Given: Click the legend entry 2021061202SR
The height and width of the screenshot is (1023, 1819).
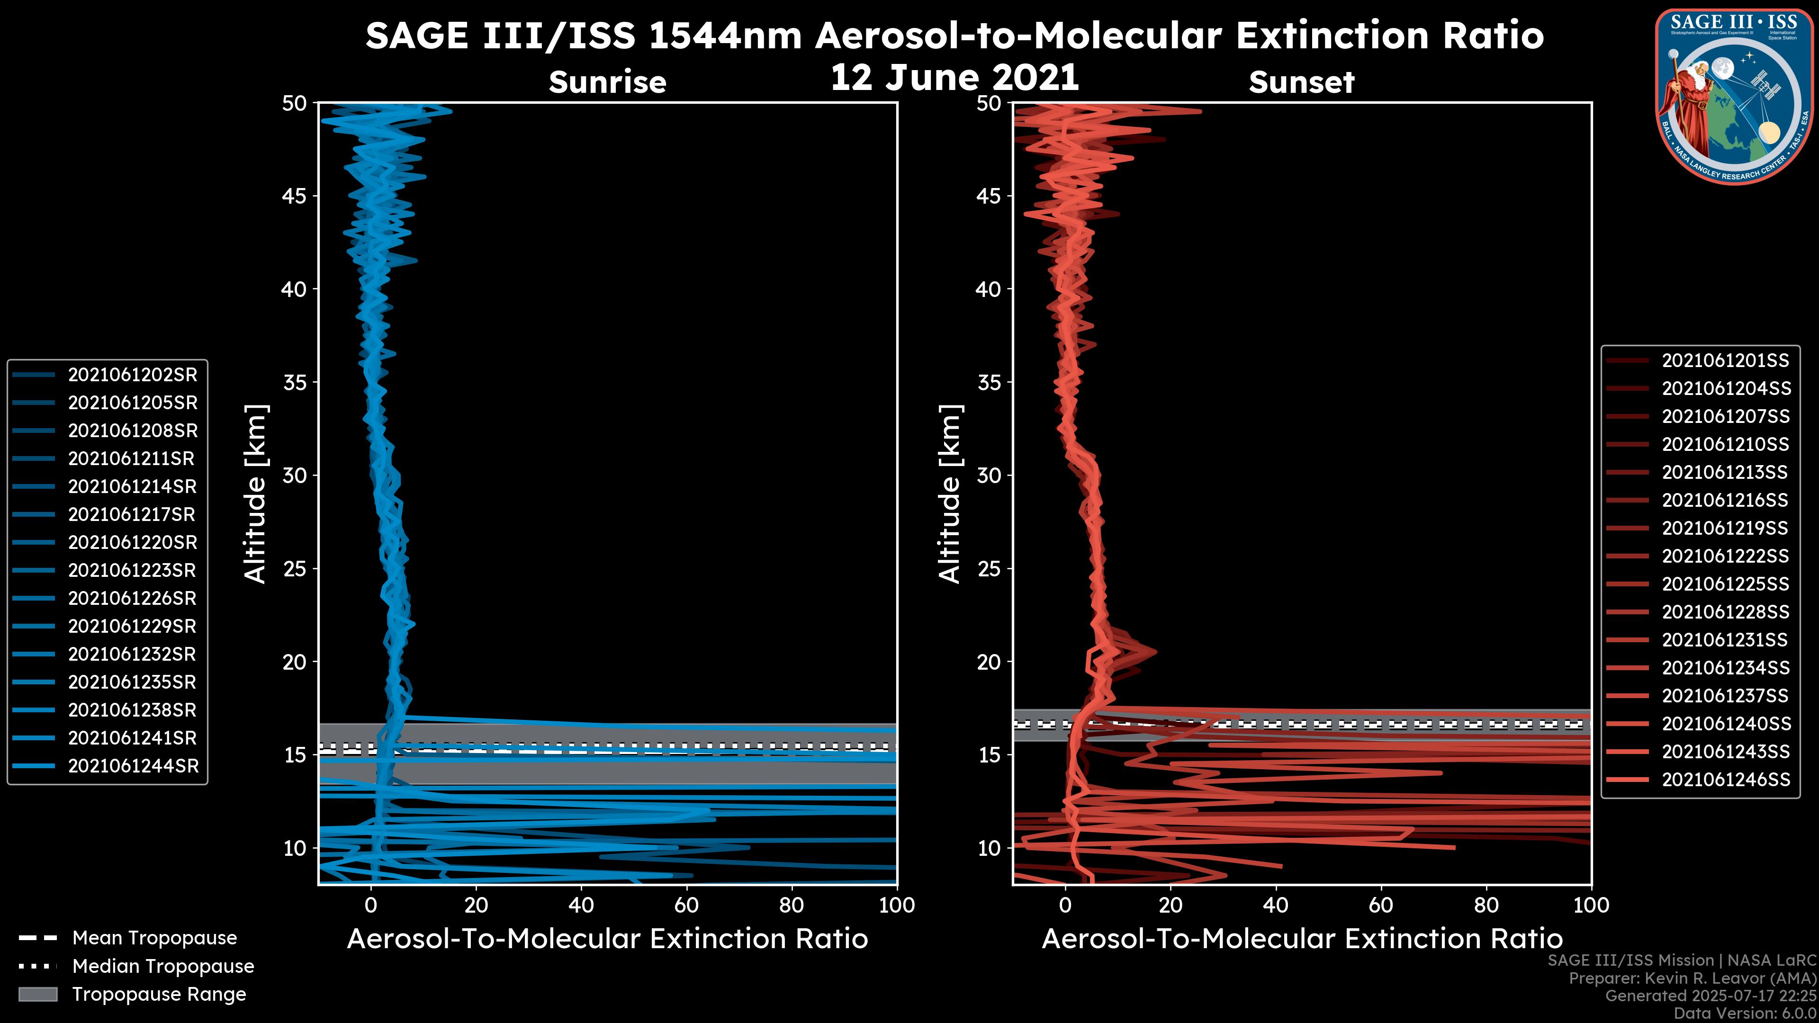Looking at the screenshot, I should click(132, 375).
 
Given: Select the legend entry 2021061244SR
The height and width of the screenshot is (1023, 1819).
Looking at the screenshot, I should click(133, 766).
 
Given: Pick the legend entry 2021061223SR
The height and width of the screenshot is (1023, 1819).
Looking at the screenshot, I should click(132, 570).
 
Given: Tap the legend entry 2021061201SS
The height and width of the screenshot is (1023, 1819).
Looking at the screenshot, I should click(1725, 361).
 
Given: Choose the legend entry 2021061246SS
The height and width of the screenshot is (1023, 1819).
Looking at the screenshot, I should click(1725, 780).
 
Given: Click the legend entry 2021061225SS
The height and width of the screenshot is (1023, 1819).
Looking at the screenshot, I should click(1725, 584).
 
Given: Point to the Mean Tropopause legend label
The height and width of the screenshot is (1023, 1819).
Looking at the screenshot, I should click(154, 938).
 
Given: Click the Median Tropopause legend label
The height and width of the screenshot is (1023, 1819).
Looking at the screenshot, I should click(163, 967).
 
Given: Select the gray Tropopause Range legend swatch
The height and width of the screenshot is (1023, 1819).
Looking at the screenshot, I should click(37, 994).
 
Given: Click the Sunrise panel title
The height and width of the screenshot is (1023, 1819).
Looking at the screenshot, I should click(607, 82).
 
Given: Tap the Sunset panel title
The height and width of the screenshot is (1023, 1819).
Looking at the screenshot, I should click(1301, 82).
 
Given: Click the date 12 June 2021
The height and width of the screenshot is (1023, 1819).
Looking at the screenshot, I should click(955, 78).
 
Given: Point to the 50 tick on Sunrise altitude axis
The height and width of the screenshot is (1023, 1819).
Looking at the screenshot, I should click(295, 103).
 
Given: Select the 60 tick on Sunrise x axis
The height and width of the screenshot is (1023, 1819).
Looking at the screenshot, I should click(686, 905).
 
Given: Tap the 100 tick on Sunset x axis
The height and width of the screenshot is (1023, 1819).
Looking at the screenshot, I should click(1592, 905).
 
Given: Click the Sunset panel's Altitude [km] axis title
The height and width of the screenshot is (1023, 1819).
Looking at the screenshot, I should click(950, 494).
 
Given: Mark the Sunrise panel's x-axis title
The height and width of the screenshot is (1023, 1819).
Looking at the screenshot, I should click(607, 939).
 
